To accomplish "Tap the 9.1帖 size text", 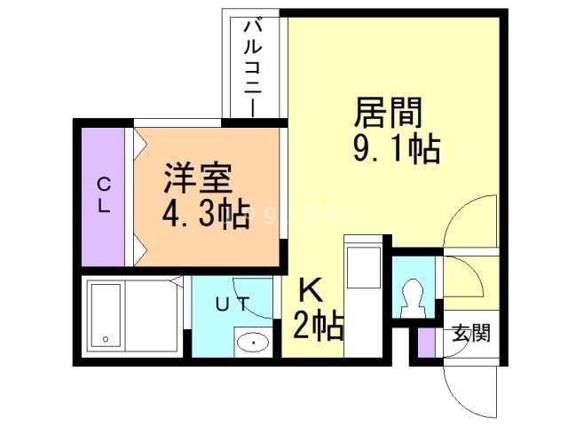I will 395,149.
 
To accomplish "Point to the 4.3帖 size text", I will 204,216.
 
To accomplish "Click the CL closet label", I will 104,195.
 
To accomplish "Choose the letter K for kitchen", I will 310,290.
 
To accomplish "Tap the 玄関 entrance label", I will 469,335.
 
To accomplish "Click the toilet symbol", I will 414,297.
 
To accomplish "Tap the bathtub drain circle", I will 106,338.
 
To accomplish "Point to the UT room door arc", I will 249,294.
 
